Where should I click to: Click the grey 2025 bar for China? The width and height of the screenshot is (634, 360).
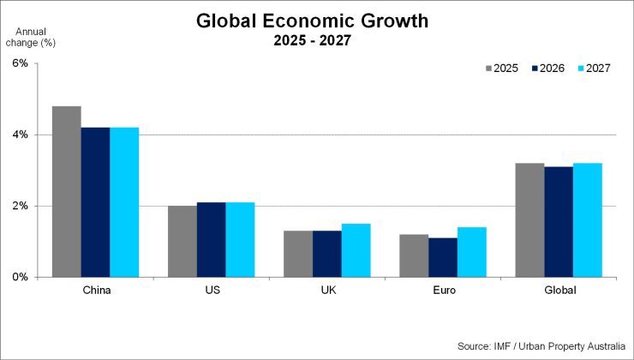[x=66, y=192]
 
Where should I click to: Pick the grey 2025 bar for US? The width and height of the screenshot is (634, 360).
[x=182, y=242]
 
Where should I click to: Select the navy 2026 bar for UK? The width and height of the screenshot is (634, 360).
[x=326, y=254]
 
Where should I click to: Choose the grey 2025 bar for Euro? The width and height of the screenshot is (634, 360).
[x=413, y=255]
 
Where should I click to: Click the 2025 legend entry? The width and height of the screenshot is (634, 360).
[x=501, y=69]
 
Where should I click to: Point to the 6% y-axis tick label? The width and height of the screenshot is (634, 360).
[x=20, y=63]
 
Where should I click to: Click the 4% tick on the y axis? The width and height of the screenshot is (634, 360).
[x=20, y=135]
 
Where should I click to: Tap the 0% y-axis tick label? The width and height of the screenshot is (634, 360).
[x=20, y=277]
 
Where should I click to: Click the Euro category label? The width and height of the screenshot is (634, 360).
[x=442, y=290]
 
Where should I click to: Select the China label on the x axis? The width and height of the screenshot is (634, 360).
[x=95, y=290]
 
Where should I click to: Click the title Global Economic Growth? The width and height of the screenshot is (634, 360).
[x=312, y=20]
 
